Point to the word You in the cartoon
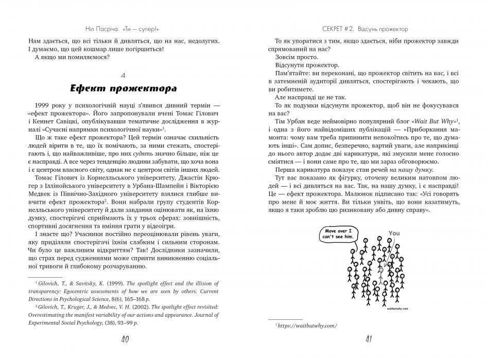(394, 233)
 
